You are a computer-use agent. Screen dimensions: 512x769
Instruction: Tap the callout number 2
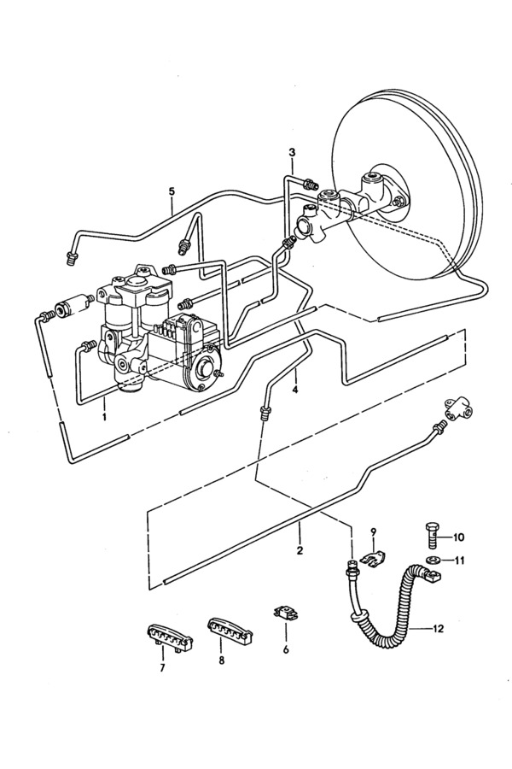pos(300,549)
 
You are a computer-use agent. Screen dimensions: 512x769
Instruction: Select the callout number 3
pos(292,153)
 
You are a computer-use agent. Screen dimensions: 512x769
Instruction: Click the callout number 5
pos(172,191)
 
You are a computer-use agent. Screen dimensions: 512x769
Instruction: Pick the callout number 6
pos(286,650)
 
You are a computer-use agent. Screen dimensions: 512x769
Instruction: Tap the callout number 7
pos(162,667)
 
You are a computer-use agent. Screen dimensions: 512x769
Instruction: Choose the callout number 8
pos(222,660)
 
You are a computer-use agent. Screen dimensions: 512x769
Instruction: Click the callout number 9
pos(374,531)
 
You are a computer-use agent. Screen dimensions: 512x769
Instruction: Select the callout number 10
pos(457,537)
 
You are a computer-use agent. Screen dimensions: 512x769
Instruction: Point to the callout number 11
pos(458,560)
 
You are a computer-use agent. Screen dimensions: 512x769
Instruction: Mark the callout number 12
pos(438,628)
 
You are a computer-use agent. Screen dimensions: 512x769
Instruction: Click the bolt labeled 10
pos(431,536)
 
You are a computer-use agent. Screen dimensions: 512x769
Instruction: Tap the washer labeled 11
pos(433,560)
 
